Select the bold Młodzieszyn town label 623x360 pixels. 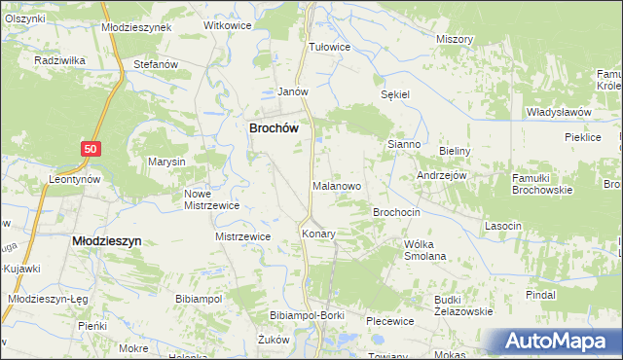click(107, 239)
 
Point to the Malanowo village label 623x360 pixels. click(338, 185)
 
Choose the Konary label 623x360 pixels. click(317, 234)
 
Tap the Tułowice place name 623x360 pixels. click(328, 46)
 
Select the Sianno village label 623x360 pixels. click(403, 144)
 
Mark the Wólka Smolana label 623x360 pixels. click(424, 250)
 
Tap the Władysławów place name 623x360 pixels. click(559, 112)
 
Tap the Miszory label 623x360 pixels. click(455, 39)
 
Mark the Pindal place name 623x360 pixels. click(540, 294)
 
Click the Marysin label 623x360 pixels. click(166, 162)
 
